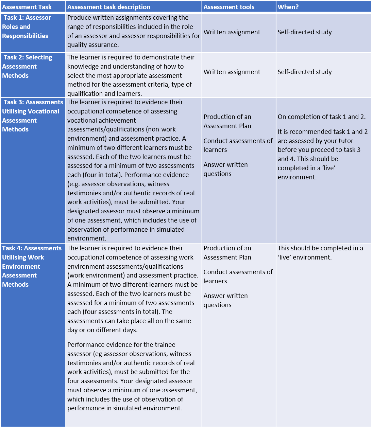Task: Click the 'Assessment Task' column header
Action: (27, 7)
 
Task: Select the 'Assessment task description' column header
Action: (108, 7)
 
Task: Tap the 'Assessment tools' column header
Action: (229, 7)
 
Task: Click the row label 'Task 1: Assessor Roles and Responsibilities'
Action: (27, 27)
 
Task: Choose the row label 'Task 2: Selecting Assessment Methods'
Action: (27, 67)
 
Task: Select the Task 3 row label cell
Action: (32, 116)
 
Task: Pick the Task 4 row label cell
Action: (32, 266)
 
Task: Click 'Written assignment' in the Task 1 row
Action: (232, 32)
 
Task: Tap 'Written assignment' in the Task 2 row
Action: (232, 72)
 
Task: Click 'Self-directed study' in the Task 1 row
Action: (305, 32)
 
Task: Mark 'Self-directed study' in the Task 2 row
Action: (305, 72)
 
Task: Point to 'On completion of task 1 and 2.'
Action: (322, 117)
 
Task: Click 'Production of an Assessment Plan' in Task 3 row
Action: (227, 121)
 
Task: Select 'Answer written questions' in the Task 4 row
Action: (226, 300)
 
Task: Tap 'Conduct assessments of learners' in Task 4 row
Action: (238, 277)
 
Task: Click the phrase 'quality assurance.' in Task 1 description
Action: (93, 45)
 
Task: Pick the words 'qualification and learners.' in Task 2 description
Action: (104, 94)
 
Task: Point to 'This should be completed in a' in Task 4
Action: (320, 248)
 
